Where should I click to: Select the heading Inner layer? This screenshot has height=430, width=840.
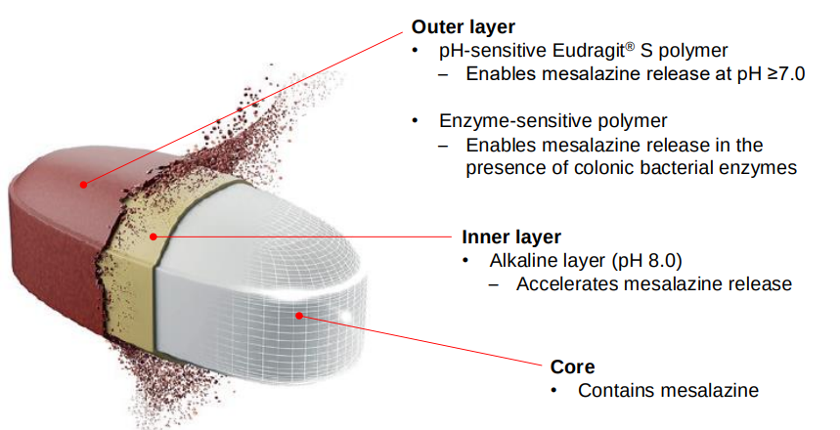point(510,237)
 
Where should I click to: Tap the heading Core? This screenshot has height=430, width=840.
point(573,367)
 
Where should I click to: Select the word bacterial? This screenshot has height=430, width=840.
point(683,168)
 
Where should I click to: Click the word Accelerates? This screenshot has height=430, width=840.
point(567,284)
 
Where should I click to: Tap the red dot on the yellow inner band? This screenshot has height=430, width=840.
point(153,236)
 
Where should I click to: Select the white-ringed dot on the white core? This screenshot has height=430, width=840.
point(301,316)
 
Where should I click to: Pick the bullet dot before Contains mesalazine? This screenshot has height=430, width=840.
point(555,391)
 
